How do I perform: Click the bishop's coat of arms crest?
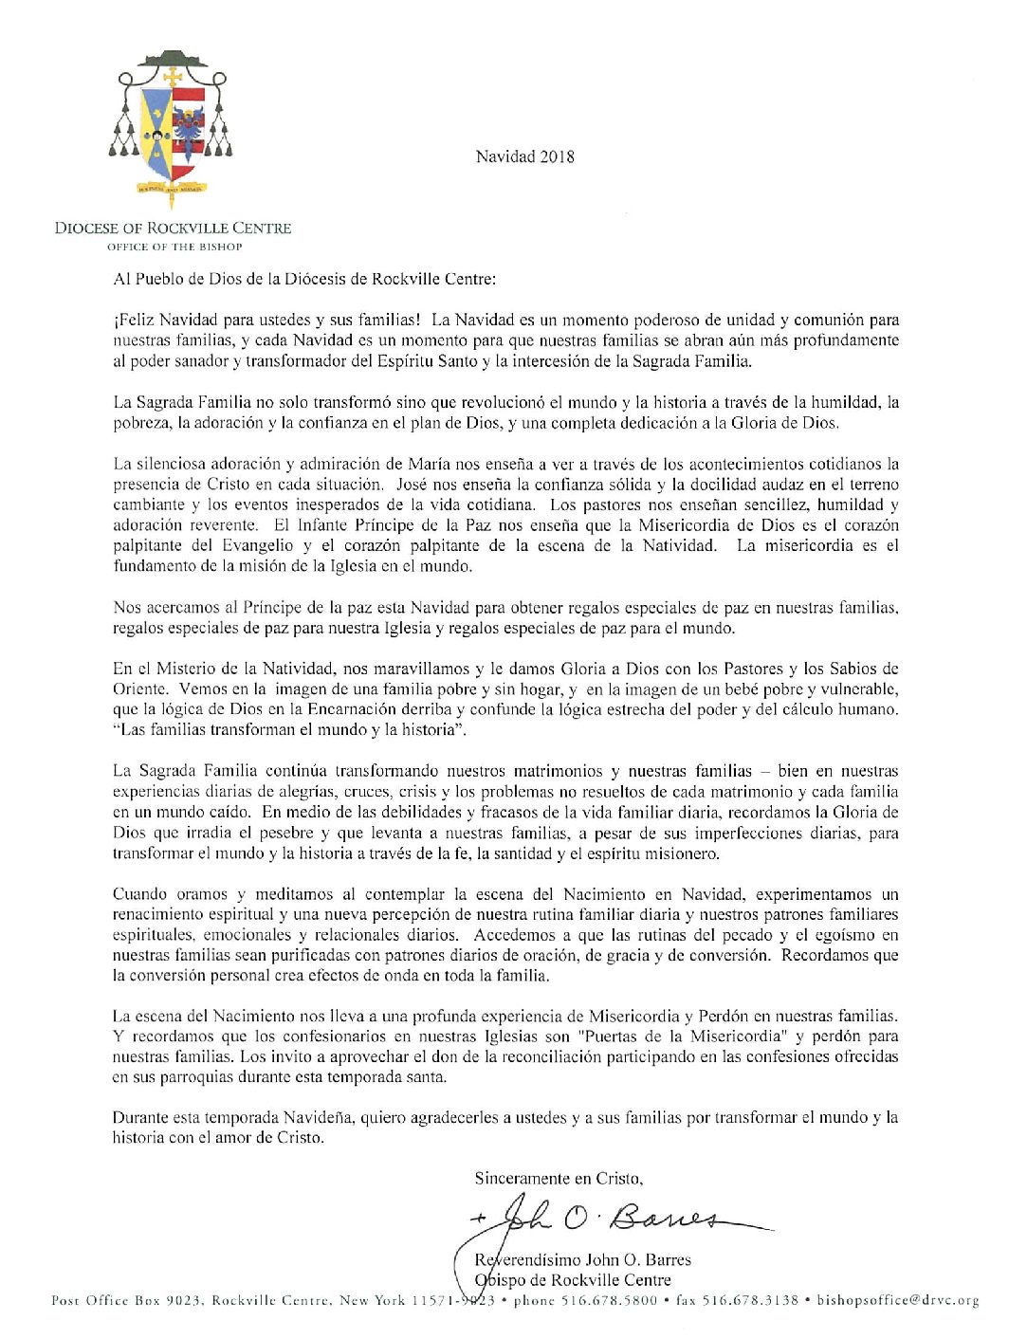172,128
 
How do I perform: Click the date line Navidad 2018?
524,157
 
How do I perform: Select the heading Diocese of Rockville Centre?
173,229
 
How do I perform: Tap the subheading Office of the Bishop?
174,247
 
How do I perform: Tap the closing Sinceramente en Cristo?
559,1179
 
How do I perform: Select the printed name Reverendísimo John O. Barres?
583,1260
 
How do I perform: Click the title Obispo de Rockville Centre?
575,1280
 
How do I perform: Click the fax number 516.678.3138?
750,1301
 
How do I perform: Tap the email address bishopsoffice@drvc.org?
897,1301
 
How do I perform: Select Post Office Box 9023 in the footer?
124,1301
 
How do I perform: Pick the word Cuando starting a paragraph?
141,894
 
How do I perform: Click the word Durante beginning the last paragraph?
141,1118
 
